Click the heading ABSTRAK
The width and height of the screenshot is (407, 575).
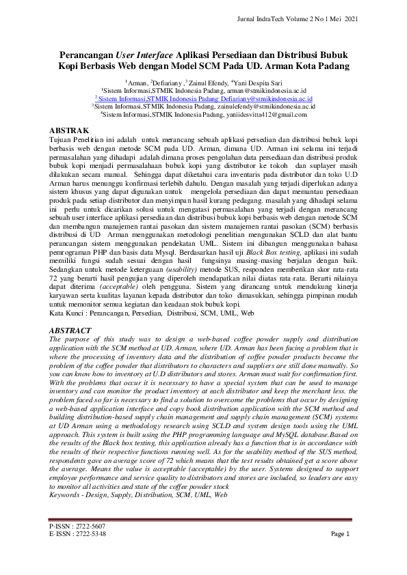[70, 130]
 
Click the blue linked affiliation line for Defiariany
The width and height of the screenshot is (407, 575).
[203, 98]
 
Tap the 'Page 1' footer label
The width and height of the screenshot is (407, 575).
[340, 534]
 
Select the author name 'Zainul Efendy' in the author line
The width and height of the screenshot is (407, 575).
[202, 82]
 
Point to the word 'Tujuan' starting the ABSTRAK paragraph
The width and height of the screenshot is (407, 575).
[63, 139]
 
